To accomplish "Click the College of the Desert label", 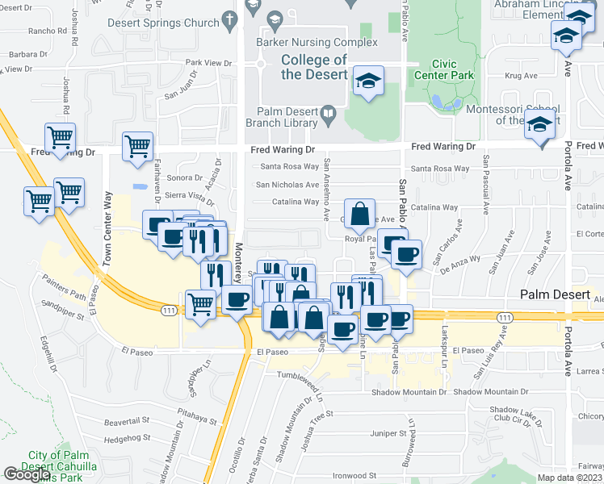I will [x=314, y=67].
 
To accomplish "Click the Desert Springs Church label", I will [x=174, y=23].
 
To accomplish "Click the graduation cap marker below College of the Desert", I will [x=368, y=81].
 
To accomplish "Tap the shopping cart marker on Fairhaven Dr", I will [x=138, y=147].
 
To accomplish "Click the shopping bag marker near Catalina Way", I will [x=360, y=215].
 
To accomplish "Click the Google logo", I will [x=27, y=475].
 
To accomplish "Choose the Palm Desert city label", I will [x=556, y=295].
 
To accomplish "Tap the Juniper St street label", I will [x=389, y=433].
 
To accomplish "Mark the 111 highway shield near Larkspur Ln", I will [x=504, y=318].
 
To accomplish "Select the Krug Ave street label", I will [x=521, y=76].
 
